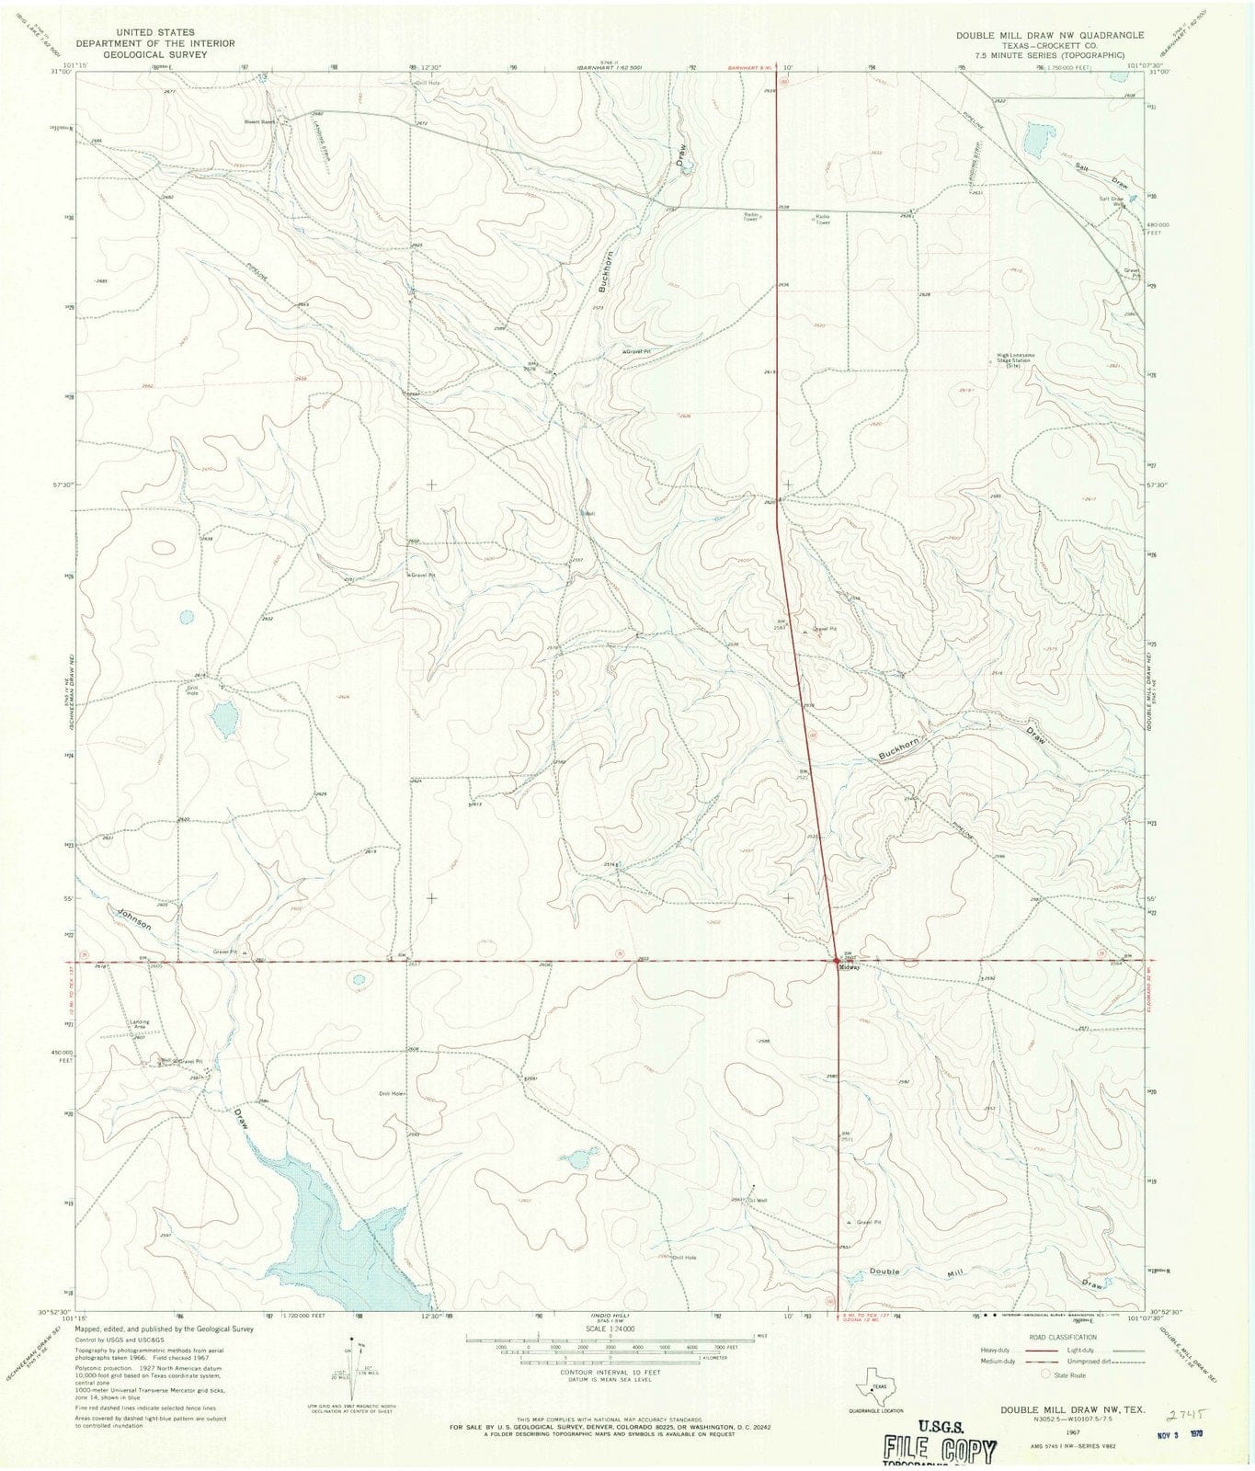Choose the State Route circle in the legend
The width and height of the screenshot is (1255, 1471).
tap(1045, 1374)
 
